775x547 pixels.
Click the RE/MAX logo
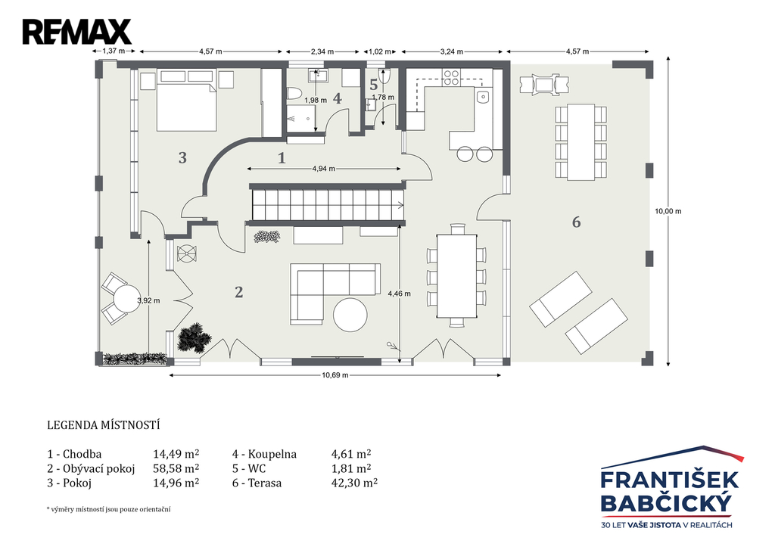pyautogui.click(x=76, y=32)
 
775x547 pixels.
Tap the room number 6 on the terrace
pyautogui.click(x=576, y=222)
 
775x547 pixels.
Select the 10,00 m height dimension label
pyautogui.click(x=668, y=211)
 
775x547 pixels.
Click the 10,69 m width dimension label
pyautogui.click(x=335, y=375)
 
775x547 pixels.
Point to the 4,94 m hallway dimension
pyautogui.click(x=324, y=169)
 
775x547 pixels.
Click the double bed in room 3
pyautogui.click(x=187, y=107)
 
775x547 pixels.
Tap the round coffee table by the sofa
pyautogui.click(x=350, y=314)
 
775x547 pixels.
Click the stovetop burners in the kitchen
pyautogui.click(x=451, y=78)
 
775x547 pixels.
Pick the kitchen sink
pyautogui.click(x=483, y=96)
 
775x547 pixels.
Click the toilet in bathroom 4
pyautogui.click(x=294, y=94)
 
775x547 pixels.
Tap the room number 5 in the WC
pyautogui.click(x=374, y=85)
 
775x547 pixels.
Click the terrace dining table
pyautogui.click(x=580, y=141)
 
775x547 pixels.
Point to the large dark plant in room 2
pyautogui.click(x=194, y=338)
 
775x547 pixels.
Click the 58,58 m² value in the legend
pyautogui.click(x=176, y=468)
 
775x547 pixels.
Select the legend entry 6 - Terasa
pyautogui.click(x=257, y=483)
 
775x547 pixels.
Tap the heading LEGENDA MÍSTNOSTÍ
pyautogui.click(x=103, y=425)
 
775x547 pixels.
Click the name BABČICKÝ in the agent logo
pyautogui.click(x=666, y=503)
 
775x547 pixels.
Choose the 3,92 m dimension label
pyautogui.click(x=148, y=300)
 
